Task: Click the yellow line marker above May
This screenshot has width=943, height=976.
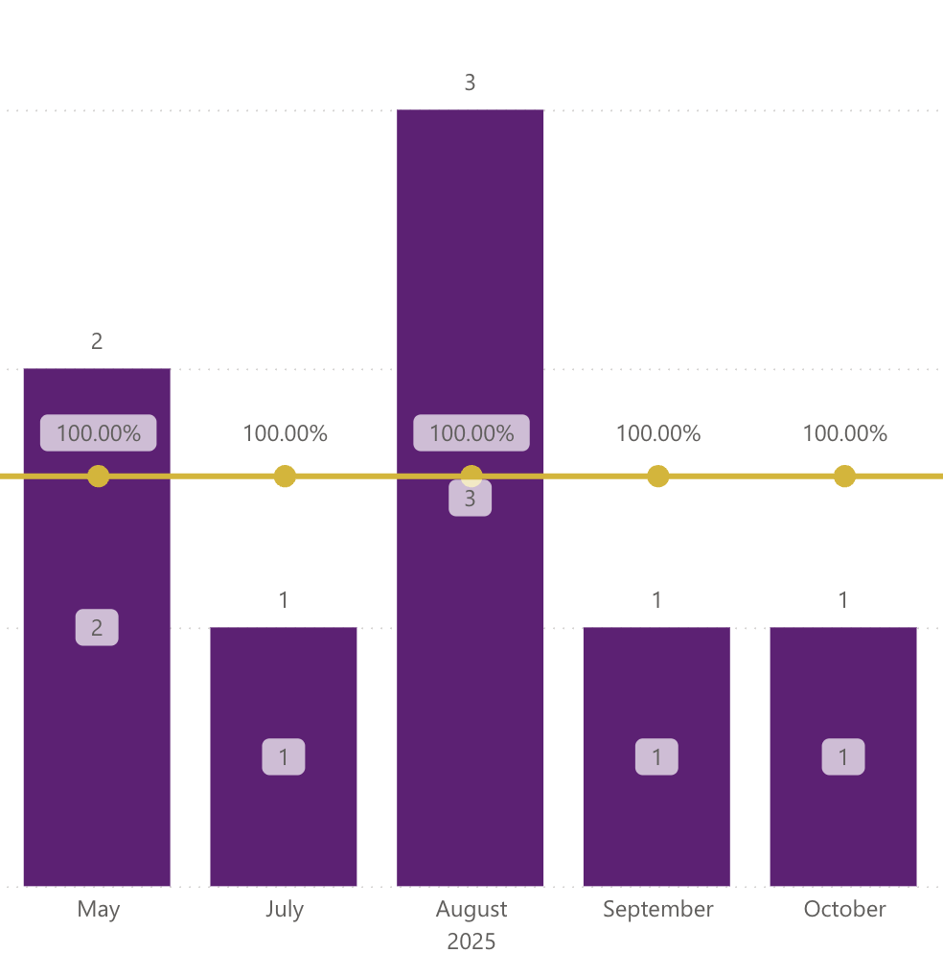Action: click(98, 476)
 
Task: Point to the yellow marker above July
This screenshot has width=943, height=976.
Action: click(285, 476)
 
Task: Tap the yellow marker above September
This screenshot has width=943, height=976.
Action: click(657, 476)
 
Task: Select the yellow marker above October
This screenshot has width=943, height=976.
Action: click(844, 476)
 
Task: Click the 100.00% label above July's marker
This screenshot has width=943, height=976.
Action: click(285, 433)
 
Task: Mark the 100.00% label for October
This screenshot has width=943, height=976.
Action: click(844, 433)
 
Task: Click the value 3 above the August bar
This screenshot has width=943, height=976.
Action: click(470, 83)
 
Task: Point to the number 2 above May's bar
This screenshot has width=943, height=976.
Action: click(97, 341)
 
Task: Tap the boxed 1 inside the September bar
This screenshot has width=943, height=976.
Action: click(656, 757)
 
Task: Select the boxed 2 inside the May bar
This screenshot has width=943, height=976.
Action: click(97, 628)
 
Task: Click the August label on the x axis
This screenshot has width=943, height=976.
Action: click(471, 909)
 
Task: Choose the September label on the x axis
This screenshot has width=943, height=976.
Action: click(657, 909)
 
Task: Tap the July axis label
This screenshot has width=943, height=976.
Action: click(285, 909)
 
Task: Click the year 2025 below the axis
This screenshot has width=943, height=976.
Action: click(471, 941)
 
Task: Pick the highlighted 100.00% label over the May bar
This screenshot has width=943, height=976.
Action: click(98, 433)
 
